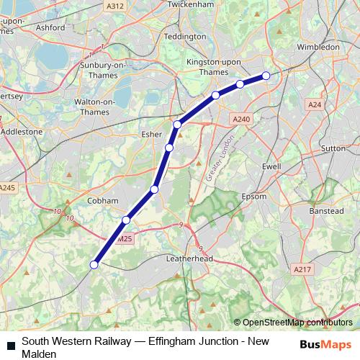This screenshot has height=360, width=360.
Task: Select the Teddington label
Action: pyautogui.click(x=185, y=36)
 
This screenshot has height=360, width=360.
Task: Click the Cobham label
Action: pyautogui.click(x=102, y=201)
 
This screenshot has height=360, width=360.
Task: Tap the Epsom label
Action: pyautogui.click(x=254, y=196)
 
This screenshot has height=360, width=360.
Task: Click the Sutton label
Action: pyautogui.click(x=333, y=147)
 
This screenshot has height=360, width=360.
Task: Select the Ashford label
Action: pyautogui.click(x=51, y=27)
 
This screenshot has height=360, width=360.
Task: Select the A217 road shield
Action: pyautogui.click(x=303, y=269)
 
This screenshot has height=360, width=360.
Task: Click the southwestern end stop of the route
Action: pyautogui.click(x=94, y=265)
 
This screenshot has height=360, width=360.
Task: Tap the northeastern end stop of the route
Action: pyautogui.click(x=266, y=76)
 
